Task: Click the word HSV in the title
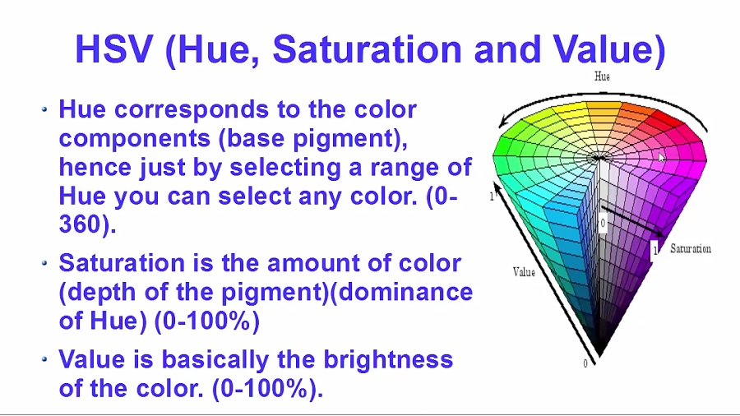pyautogui.click(x=114, y=49)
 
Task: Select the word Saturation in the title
pyautogui.click(x=368, y=49)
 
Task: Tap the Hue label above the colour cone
pyautogui.click(x=602, y=76)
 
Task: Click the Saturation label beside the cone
pyautogui.click(x=691, y=248)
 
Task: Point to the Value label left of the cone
pyautogui.click(x=524, y=272)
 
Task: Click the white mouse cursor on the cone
pyautogui.click(x=662, y=158)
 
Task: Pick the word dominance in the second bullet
pyautogui.click(x=405, y=292)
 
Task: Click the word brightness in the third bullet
pyautogui.click(x=388, y=359)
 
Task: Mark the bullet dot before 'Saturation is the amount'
pyautogui.click(x=45, y=263)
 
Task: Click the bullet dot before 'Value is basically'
pyautogui.click(x=45, y=359)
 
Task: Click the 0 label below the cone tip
pyautogui.click(x=585, y=363)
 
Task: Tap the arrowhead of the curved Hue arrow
pyautogui.click(x=504, y=122)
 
